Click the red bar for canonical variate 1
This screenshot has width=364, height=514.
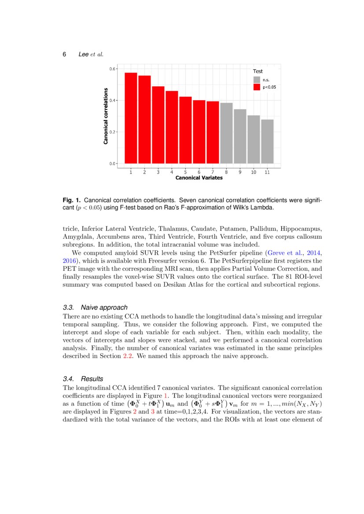click(x=131, y=118)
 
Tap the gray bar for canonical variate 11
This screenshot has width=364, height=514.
click(x=267, y=141)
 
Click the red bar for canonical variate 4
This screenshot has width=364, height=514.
click(x=172, y=127)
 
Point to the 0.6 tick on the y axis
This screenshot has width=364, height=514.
click(x=113, y=69)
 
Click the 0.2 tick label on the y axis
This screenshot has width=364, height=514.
click(x=113, y=132)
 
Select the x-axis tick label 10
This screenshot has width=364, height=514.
click(x=254, y=172)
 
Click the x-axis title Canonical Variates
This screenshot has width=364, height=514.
click(x=199, y=178)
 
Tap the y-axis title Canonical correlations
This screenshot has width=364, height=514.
click(x=106, y=116)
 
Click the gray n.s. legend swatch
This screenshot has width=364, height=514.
click(x=257, y=80)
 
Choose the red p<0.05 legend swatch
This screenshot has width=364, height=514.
click(x=257, y=87)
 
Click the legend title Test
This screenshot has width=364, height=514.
click(x=257, y=71)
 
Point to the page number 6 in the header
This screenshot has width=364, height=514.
click(x=65, y=55)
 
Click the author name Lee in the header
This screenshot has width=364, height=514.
click(x=84, y=55)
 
